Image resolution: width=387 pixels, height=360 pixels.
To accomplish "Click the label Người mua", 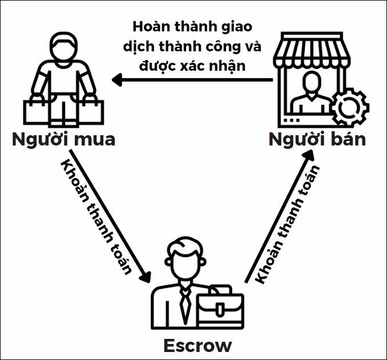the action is point(63,139).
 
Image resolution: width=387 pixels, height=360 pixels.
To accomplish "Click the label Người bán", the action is point(317,139).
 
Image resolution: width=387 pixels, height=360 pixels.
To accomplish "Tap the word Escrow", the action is point(197,346).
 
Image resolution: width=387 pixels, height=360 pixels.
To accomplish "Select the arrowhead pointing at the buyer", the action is point(117,80).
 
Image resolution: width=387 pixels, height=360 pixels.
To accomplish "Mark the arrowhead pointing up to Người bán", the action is point(308,155).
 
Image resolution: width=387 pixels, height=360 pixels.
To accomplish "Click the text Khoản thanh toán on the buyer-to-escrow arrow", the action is point(96,217).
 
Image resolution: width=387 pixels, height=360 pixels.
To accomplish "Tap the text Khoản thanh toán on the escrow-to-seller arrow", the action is point(287,224).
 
